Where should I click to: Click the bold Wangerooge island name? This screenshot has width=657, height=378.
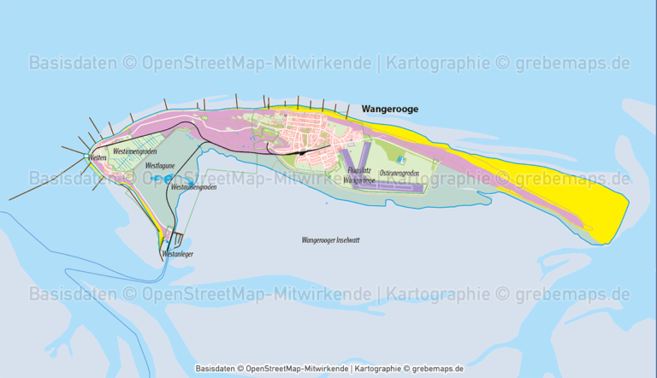pyautogui.click(x=390, y=109)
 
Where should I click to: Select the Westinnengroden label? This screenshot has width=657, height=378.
pyautogui.click(x=134, y=151)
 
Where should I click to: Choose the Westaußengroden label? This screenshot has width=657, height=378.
pyautogui.click(x=193, y=186)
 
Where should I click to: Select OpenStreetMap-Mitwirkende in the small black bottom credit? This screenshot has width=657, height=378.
pyautogui.click(x=296, y=369)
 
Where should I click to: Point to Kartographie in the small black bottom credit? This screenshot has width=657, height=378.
pyautogui.click(x=376, y=369)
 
